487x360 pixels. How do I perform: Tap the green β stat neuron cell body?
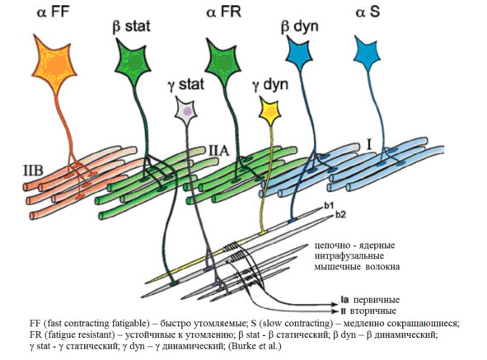pyautogui.click(x=133, y=62)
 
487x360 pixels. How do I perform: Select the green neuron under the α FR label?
pyautogui.click(x=222, y=62)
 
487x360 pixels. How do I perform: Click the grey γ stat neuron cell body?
pyautogui.click(x=186, y=110)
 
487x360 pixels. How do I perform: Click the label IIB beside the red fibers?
pyautogui.click(x=33, y=171)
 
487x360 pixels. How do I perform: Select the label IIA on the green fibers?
pyautogui.click(x=218, y=151)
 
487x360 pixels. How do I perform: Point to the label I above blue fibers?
pyautogui.click(x=369, y=145)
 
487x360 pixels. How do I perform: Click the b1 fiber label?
pyautogui.click(x=328, y=206)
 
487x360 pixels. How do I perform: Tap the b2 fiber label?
pyautogui.click(x=340, y=215)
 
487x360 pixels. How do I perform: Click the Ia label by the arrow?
pyautogui.click(x=344, y=300)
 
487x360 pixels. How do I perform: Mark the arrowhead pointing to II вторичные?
pyautogui.click(x=335, y=311)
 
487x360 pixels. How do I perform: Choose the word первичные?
pyautogui.click(x=377, y=300)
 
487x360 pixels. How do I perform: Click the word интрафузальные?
pyautogui.click(x=349, y=256)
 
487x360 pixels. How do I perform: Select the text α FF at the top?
pyautogui.click(x=53, y=12)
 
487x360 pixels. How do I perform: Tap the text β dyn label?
pyautogui.click(x=299, y=26)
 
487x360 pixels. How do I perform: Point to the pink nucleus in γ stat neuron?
pyautogui.click(x=187, y=111)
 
